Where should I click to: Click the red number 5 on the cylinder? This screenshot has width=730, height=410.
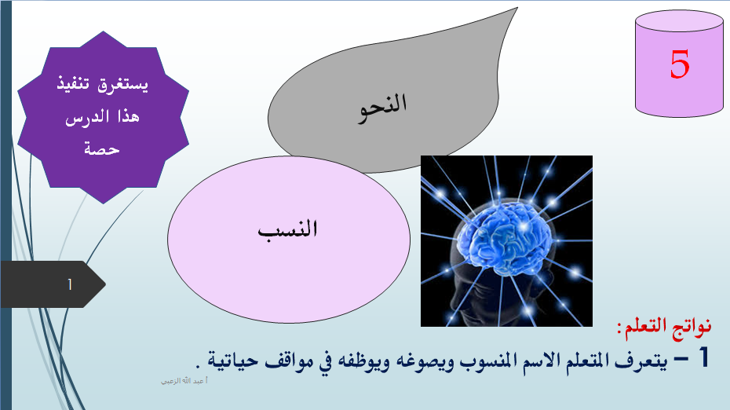point(679,64)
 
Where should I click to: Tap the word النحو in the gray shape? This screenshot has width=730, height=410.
point(382,108)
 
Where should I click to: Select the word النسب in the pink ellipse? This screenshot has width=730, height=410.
point(288,229)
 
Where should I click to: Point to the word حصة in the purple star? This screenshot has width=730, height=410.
point(102,148)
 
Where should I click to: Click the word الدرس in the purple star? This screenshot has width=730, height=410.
point(87,117)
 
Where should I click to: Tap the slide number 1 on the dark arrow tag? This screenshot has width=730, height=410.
point(70,284)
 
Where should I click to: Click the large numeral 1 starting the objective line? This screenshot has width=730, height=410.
point(703,357)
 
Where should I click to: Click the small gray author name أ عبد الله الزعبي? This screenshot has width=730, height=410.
point(184,381)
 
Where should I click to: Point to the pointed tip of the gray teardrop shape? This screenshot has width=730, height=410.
point(517,7)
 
